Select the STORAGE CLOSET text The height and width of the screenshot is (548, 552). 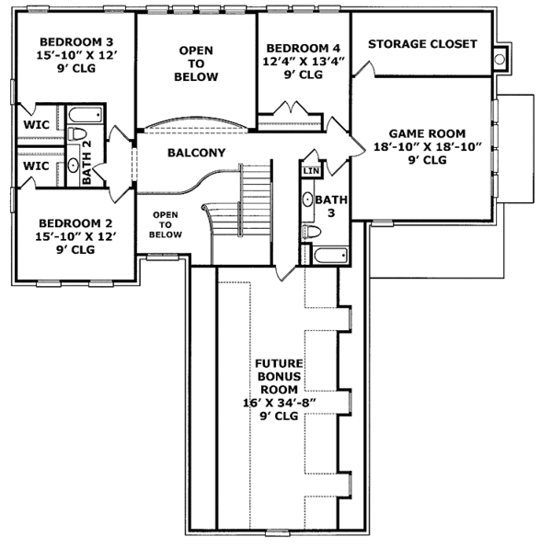click(x=422, y=44)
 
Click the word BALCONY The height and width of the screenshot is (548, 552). click(x=196, y=154)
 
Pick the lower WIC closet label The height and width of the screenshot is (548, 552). click(x=36, y=166)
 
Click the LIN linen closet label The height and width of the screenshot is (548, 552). click(x=310, y=171)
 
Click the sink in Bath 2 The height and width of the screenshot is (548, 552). click(x=74, y=166)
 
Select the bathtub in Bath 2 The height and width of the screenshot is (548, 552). click(x=85, y=117)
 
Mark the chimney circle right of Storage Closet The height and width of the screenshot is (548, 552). click(x=500, y=59)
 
